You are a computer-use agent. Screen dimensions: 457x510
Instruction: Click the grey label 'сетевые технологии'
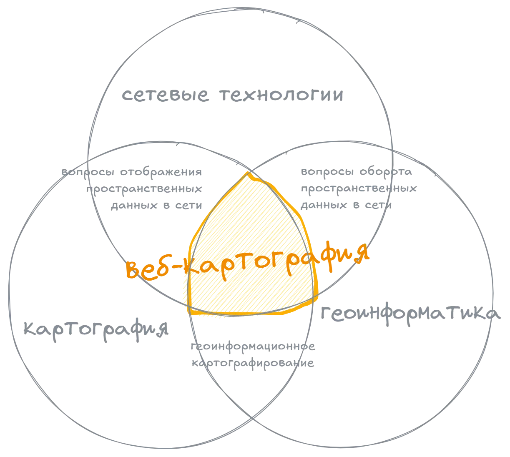[x=232, y=96]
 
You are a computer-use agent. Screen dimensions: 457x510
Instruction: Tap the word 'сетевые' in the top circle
[x=164, y=96]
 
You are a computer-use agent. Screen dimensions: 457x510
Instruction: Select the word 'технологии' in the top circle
[x=280, y=96]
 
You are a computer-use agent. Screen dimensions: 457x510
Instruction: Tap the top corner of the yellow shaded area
[x=250, y=172]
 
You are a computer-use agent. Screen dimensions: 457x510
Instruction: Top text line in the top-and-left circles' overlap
[x=133, y=171]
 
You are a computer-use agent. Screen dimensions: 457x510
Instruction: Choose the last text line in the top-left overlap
[x=156, y=205]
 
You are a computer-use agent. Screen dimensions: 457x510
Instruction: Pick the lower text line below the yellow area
[x=253, y=363]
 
